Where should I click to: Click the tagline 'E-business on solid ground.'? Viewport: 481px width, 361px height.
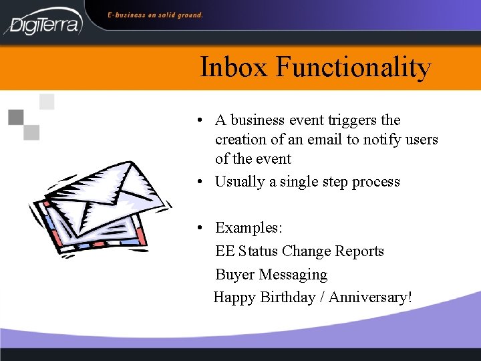point(156,14)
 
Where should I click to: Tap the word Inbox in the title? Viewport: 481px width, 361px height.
point(234,68)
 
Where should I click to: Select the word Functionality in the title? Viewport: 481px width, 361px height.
point(353,68)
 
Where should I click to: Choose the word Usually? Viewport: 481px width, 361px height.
point(245,182)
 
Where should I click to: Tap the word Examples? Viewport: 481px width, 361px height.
point(249,228)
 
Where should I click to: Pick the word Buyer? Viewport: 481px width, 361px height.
point(235,275)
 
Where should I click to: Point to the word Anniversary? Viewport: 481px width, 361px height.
point(370,297)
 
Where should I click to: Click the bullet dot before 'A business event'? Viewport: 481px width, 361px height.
point(200,121)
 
